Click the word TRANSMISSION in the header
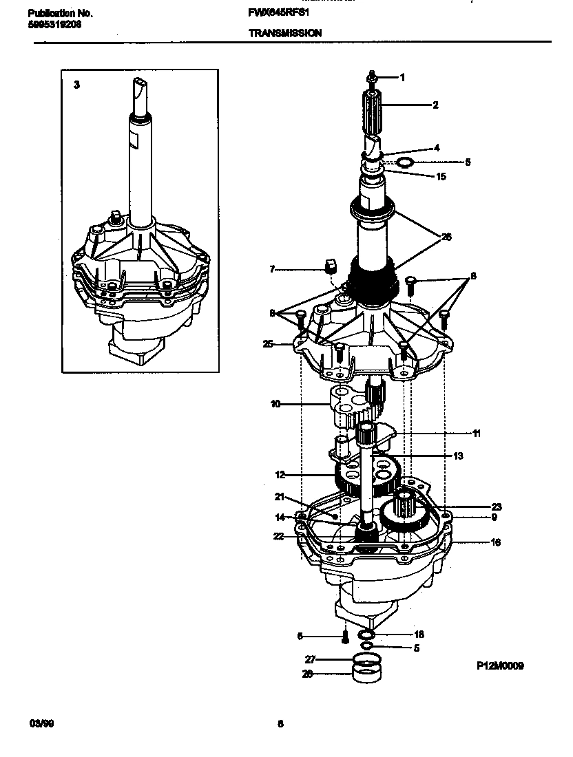(284, 32)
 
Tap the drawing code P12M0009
(500, 665)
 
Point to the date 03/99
(40, 723)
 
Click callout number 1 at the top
(402, 78)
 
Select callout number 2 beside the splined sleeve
(435, 105)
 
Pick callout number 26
(446, 237)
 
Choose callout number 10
(275, 404)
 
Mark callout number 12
(280, 474)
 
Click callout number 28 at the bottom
(308, 674)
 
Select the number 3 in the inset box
(76, 85)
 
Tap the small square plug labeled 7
(329, 265)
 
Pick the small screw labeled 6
(343, 637)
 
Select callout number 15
(441, 177)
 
